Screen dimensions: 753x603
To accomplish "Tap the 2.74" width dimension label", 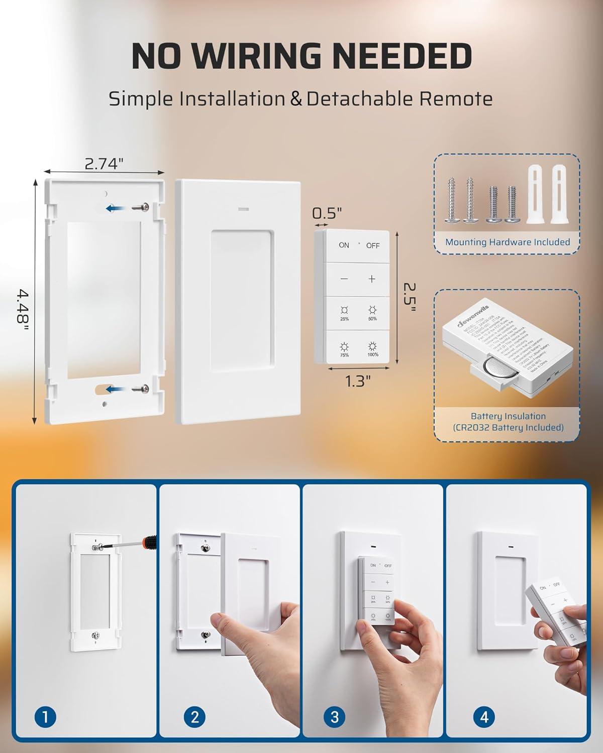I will tap(104, 164).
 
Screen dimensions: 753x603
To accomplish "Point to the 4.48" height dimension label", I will tap(23, 310).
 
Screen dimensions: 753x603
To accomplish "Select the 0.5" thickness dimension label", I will tap(327, 213).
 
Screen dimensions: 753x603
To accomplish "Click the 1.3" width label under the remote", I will tap(358, 382).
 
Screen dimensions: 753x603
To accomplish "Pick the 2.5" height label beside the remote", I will tap(410, 297).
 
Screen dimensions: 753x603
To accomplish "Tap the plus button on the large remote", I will tap(372, 279).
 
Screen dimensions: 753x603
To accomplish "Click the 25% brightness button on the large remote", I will tap(345, 313).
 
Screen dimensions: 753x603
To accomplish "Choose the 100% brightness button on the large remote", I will tap(372, 348).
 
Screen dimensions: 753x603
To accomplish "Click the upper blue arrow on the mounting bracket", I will tap(115, 208).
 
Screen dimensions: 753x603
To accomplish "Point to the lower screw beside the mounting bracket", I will tap(141, 388).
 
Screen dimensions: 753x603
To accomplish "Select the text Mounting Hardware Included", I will tap(508, 242).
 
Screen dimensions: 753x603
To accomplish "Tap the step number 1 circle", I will tap(45, 717).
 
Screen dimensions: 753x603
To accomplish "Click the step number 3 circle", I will tap(334, 717).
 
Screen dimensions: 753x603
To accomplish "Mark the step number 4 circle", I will tap(484, 717).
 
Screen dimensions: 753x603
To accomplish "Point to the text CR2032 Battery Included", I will tap(508, 428).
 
